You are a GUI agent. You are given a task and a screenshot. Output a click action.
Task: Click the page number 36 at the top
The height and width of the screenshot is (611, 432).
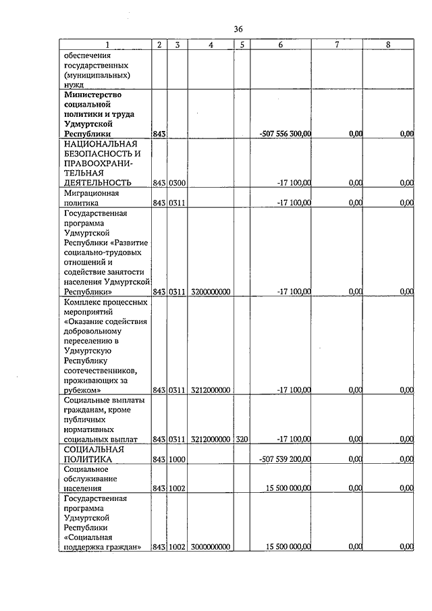pos(238,29)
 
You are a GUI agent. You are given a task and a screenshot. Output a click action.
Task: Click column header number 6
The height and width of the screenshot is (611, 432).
pos(280,45)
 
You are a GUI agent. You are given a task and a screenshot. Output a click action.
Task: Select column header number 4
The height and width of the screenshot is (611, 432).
pos(211,45)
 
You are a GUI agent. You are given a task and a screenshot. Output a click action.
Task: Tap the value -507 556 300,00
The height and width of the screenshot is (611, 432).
pos(285,134)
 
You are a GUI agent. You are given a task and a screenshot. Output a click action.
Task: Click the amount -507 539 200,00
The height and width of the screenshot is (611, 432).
pos(285,459)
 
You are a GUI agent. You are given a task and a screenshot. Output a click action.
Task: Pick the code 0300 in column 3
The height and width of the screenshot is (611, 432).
pos(178,183)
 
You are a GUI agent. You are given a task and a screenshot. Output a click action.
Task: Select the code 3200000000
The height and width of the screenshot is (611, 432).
pos(211,292)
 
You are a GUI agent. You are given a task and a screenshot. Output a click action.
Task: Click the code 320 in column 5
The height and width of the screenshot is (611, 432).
pos(242,439)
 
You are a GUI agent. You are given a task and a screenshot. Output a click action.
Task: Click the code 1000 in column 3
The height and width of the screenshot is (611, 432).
pos(178,459)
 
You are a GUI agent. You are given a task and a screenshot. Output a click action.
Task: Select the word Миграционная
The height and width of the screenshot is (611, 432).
pos(92,192)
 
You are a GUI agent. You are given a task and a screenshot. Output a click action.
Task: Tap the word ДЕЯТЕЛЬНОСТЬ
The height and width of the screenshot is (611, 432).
pos(97,182)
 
